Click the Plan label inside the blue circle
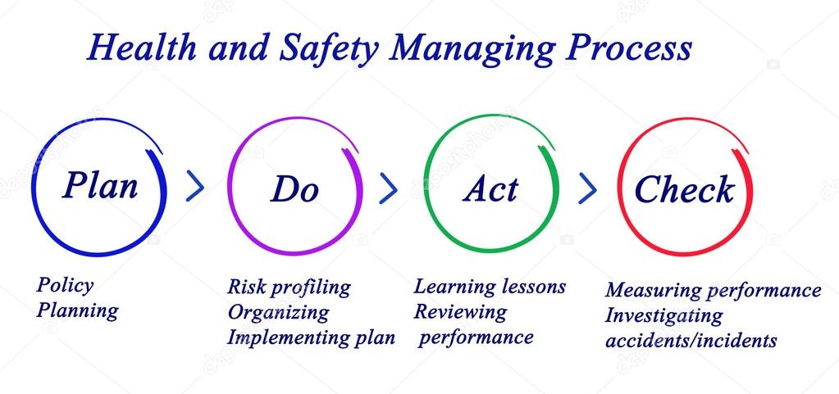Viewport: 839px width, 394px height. point(100,185)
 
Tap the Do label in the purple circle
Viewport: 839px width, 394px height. point(294,189)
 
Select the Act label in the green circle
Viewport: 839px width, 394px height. point(490,189)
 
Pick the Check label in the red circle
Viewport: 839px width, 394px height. point(684,189)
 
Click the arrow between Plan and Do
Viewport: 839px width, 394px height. point(195,187)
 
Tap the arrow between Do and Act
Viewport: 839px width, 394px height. point(389,188)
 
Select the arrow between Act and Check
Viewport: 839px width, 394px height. point(588,188)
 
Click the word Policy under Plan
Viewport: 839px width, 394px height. point(65,286)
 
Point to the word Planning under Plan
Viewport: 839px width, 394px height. point(77,310)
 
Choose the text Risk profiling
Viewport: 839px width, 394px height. point(289,288)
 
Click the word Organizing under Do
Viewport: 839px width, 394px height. point(278,312)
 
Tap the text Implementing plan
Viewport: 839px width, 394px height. point(311,337)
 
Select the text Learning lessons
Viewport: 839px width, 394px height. point(490,287)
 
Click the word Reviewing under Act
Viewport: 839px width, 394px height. point(460,311)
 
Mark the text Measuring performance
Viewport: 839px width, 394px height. point(713,290)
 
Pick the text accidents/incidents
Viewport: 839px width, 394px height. point(691,340)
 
